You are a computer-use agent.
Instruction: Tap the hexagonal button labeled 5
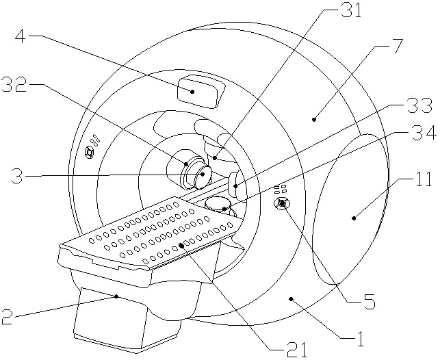click(282, 203)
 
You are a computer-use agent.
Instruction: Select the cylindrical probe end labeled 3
click(200, 176)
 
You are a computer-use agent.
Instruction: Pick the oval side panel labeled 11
click(349, 205)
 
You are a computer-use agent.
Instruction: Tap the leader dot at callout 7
click(314, 120)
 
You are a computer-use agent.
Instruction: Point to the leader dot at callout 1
click(291, 298)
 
